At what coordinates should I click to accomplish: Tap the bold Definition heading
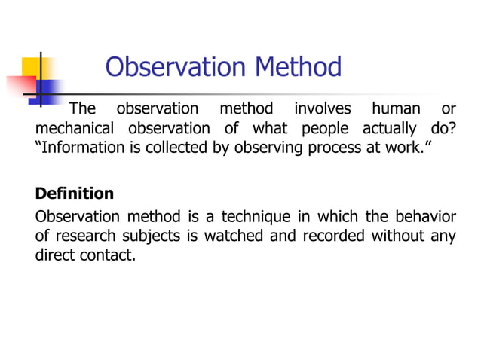[75, 194]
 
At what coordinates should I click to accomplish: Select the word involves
[322, 108]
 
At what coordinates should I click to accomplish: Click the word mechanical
[75, 127]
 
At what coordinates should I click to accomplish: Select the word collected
[176, 147]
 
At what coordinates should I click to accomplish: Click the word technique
[256, 218]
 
